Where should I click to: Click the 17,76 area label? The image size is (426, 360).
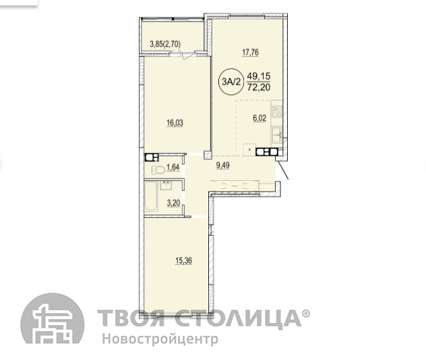(250, 52)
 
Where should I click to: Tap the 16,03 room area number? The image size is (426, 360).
(175, 123)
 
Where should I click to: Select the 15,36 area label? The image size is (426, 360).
(183, 261)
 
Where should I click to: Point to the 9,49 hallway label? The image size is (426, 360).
(223, 165)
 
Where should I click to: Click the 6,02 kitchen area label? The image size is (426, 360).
(260, 118)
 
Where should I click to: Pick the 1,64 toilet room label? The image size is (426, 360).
(173, 167)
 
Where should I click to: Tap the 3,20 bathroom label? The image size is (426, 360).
(173, 203)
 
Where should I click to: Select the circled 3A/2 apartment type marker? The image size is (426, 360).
(231, 82)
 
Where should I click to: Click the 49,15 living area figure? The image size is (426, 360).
(259, 76)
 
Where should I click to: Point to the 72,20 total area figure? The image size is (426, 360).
(259, 87)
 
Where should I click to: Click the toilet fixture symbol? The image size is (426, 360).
(158, 170)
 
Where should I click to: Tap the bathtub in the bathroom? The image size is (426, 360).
(151, 196)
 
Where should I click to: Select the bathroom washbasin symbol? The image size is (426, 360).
(165, 185)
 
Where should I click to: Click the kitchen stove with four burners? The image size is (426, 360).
(277, 111)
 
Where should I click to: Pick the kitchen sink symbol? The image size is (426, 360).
(277, 134)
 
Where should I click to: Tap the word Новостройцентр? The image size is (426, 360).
(160, 339)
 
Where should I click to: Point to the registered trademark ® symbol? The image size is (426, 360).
(305, 313)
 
